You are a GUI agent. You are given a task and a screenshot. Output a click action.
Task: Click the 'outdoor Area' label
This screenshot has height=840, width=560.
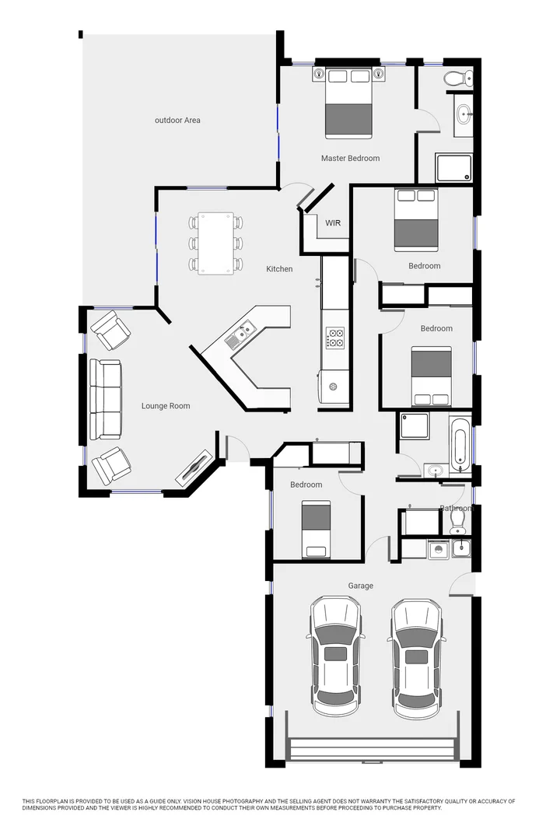pos(177,121)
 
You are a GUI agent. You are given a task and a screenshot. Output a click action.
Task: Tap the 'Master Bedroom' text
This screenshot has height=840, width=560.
pos(350,159)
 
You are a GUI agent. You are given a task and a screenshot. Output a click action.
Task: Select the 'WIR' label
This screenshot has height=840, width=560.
pos(333,223)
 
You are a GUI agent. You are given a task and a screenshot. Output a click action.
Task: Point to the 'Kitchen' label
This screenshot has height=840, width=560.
pos(279,269)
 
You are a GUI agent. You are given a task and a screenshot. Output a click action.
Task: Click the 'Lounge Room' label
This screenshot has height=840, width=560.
pos(166,406)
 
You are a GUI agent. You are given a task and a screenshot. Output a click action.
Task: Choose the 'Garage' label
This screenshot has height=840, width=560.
pos(360,586)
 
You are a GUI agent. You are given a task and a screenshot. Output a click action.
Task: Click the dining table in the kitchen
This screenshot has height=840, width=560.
pos(216,243)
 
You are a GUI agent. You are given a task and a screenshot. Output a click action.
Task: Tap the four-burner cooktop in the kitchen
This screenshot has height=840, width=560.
pos(335,338)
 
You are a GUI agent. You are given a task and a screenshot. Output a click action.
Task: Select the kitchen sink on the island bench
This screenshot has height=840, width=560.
pos(238,337)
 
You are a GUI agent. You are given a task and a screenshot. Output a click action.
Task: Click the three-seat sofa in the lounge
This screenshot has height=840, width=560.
pos(105,399)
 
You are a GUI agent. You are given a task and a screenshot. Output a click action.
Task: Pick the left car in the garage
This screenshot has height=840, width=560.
pos(335,655)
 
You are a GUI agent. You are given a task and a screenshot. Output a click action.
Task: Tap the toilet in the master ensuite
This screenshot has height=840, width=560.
pos(457,77)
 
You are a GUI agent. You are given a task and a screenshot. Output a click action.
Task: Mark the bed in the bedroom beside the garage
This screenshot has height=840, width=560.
pos(316,529)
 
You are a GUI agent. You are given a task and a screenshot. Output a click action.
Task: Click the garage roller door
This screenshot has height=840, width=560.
pos(372,750)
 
